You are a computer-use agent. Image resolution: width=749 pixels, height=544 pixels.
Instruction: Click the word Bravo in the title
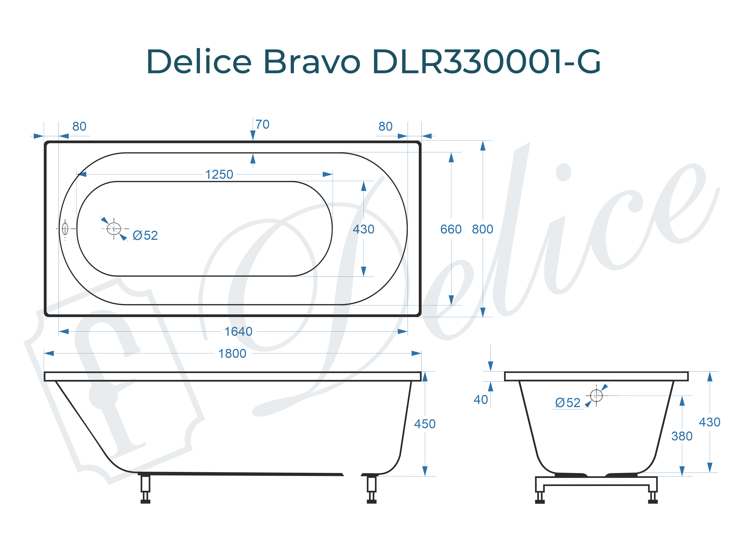click(x=312, y=62)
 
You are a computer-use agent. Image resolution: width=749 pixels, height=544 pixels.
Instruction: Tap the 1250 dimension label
click(x=219, y=175)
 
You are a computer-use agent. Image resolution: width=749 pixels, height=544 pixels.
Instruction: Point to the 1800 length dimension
click(x=232, y=354)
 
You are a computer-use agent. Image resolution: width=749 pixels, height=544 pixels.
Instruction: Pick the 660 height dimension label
click(x=451, y=229)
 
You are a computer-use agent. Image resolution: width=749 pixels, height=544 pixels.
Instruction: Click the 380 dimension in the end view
click(x=682, y=437)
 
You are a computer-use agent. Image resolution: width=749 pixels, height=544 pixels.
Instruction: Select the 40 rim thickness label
click(x=480, y=400)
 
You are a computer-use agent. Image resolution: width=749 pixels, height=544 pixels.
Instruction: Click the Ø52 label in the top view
click(x=145, y=236)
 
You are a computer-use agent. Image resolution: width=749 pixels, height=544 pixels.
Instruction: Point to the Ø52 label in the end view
click(x=567, y=403)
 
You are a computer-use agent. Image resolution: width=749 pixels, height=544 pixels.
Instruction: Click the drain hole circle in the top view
click(x=114, y=229)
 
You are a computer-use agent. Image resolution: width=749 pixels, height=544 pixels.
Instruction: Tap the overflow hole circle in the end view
click(x=596, y=395)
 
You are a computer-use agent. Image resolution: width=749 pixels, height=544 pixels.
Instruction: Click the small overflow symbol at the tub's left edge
click(x=65, y=229)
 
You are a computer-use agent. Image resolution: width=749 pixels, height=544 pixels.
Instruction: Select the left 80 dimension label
click(x=79, y=127)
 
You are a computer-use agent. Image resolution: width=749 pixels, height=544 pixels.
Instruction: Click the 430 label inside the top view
click(x=363, y=229)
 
